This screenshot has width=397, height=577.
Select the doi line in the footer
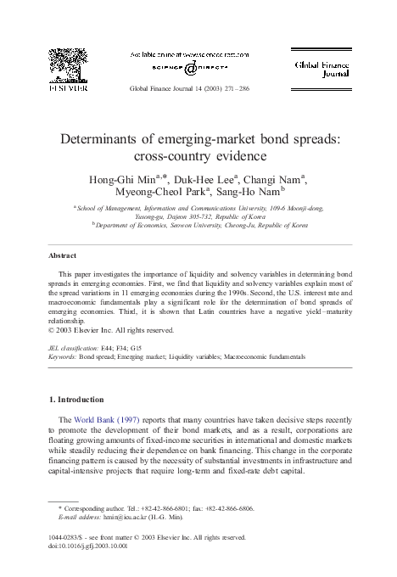coord(88,545)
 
